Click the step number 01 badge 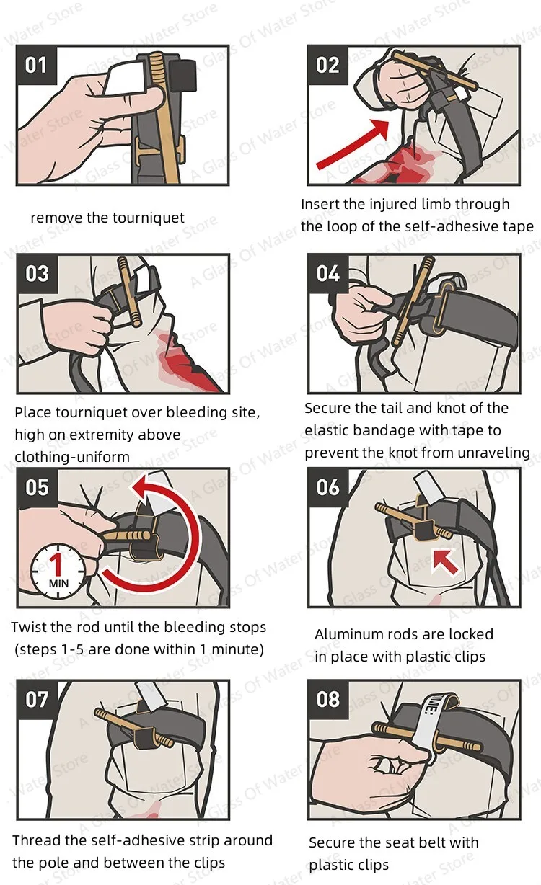coord(36,65)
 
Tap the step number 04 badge coord(328,273)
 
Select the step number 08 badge coord(328,700)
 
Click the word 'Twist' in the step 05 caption coord(27,628)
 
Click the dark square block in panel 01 coord(183,75)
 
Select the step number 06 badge coord(328,487)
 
